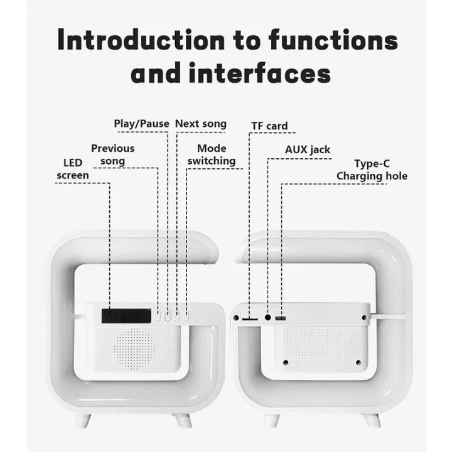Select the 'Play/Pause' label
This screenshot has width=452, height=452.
pyautogui.click(x=141, y=124)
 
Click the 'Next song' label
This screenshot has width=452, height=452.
pyautogui.click(x=200, y=124)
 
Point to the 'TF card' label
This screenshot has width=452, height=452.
pyautogui.click(x=269, y=126)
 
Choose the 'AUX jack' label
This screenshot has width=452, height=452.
pyautogui.click(x=308, y=150)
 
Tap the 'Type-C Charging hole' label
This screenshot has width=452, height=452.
pyautogui.click(x=372, y=170)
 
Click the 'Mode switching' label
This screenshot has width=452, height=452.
pyautogui.click(x=212, y=154)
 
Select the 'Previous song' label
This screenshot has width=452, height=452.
pyautogui.click(x=112, y=154)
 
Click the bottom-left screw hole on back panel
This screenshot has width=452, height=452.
pyautogui.click(x=286, y=362)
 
